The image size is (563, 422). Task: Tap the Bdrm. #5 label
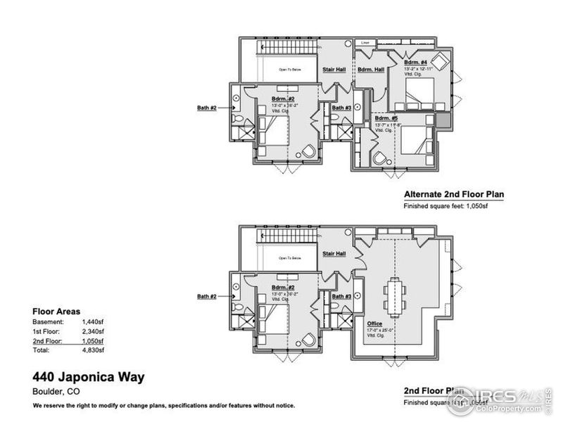pyautogui.click(x=386, y=118)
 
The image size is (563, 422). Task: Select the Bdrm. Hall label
pyautogui.click(x=370, y=70)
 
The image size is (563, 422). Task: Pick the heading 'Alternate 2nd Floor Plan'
pyautogui.click(x=454, y=195)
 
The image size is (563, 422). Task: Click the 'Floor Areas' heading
pyautogui.click(x=56, y=310)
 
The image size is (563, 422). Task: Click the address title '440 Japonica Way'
pyautogui.click(x=89, y=377)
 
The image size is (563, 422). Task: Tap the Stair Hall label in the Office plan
pyautogui.click(x=334, y=253)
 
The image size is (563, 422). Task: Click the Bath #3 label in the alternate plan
pyautogui.click(x=342, y=108)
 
